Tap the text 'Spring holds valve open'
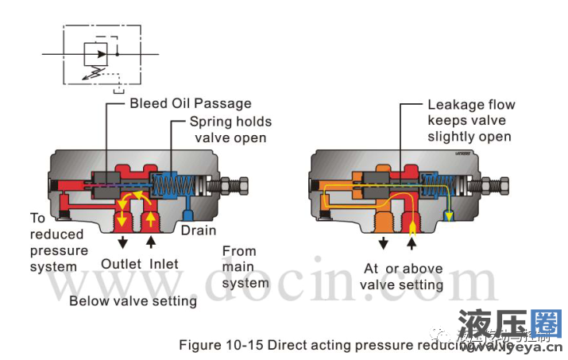point(230,130)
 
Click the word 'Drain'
point(198,230)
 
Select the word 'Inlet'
point(162,263)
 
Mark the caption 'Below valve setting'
point(133,300)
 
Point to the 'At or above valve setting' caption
point(401,277)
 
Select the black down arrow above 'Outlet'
point(121,242)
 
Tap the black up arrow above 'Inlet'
point(151,242)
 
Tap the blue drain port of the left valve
point(187,212)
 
